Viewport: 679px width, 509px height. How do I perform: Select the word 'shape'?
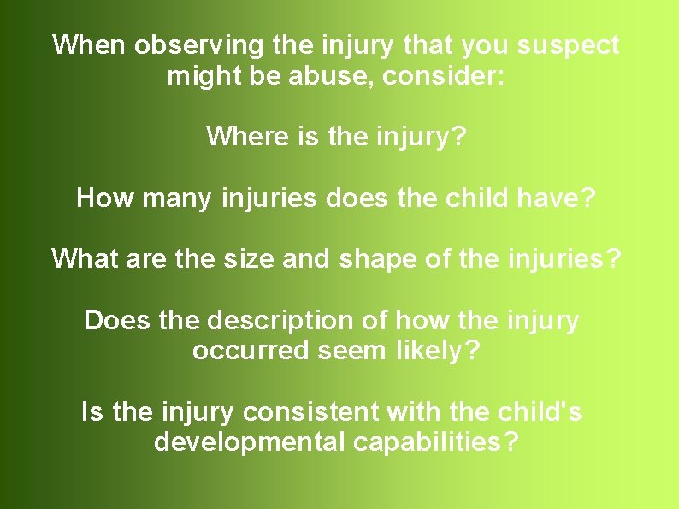pos(375,257)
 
